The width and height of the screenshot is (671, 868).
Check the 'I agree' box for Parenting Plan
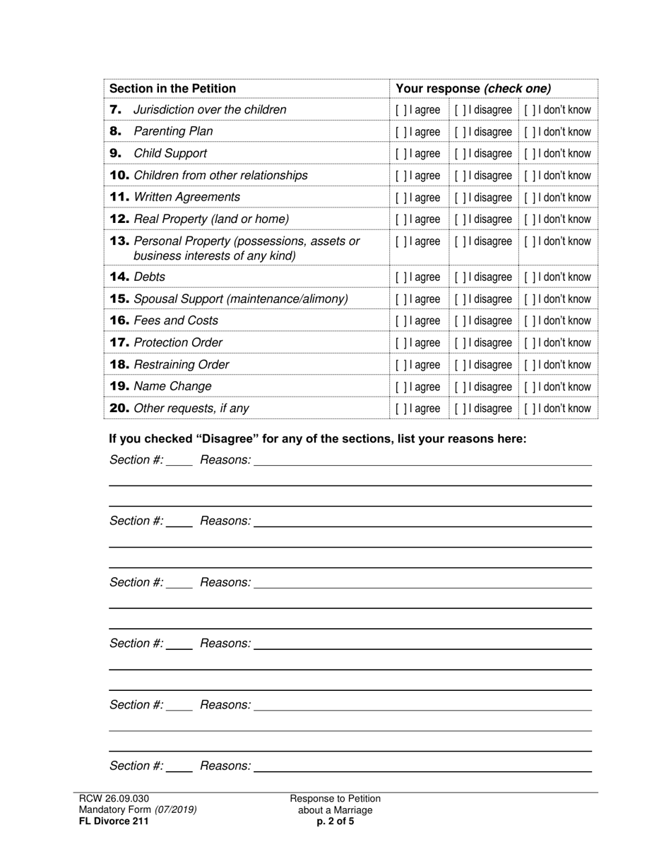[x=400, y=132]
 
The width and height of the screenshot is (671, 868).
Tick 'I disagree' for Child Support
[x=460, y=154]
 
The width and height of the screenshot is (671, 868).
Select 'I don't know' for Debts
[x=529, y=277]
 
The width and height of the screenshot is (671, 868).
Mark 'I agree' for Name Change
[x=400, y=387]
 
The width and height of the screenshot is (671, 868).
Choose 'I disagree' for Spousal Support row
[x=460, y=299]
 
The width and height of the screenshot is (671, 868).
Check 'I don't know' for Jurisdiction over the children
[x=529, y=110]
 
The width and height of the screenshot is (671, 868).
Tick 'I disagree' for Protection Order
[x=460, y=343]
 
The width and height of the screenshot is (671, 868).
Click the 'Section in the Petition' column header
[x=172, y=88]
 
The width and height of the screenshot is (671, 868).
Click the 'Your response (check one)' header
[x=473, y=88]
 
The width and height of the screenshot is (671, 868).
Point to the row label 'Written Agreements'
[x=186, y=197]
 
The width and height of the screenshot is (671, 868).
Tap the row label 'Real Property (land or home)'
[x=211, y=219]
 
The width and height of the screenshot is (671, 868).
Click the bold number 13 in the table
[x=119, y=241]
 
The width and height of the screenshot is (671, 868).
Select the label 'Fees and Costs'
[x=176, y=320]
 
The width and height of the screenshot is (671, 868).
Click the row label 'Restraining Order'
[x=181, y=364]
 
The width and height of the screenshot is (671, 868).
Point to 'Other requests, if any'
[x=191, y=408]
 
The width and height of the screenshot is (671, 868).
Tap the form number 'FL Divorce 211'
[x=114, y=821]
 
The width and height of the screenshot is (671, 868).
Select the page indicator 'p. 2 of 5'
[x=335, y=821]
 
